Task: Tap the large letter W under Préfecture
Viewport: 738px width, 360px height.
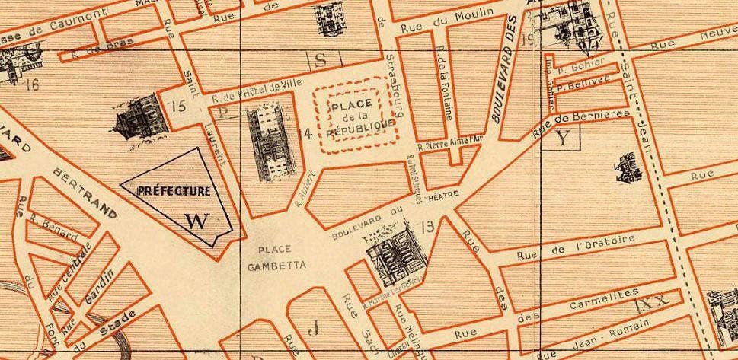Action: click(x=196, y=221)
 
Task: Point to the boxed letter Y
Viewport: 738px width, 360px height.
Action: click(x=563, y=138)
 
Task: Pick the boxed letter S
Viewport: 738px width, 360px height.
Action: click(x=320, y=59)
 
